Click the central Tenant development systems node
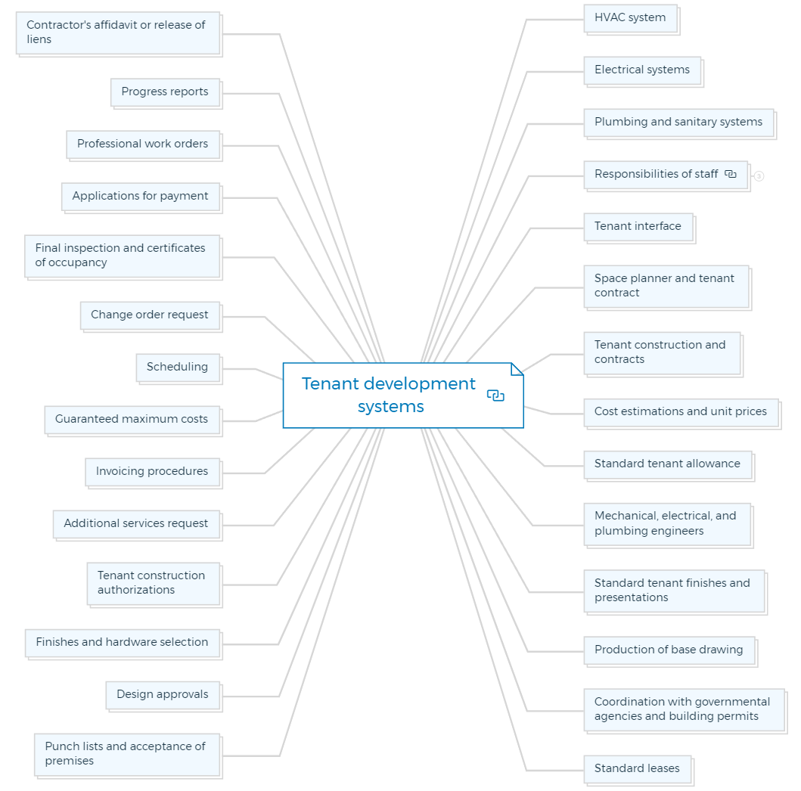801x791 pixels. pos(403,395)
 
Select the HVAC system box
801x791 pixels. pos(630,18)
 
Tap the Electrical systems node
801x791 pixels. pos(642,70)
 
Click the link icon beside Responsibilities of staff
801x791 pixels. pos(731,174)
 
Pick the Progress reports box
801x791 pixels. pos(165,92)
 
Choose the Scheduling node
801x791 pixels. pos(178,368)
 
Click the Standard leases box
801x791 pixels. pos(637,769)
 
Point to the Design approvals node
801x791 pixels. pos(163,695)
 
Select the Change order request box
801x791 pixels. pos(150,315)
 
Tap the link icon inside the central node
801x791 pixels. pos(495,395)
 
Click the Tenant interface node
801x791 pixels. pos(638,227)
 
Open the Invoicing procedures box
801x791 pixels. pos(152,472)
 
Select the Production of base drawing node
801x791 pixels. pos(669,650)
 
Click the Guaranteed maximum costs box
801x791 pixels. pos(132,420)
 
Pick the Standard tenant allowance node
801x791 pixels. pos(668,464)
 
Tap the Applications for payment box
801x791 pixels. pos(141,197)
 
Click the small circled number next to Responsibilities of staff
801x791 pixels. pos(759,176)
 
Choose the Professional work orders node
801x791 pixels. pos(143,144)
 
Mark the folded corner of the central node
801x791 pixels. pos(517,369)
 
